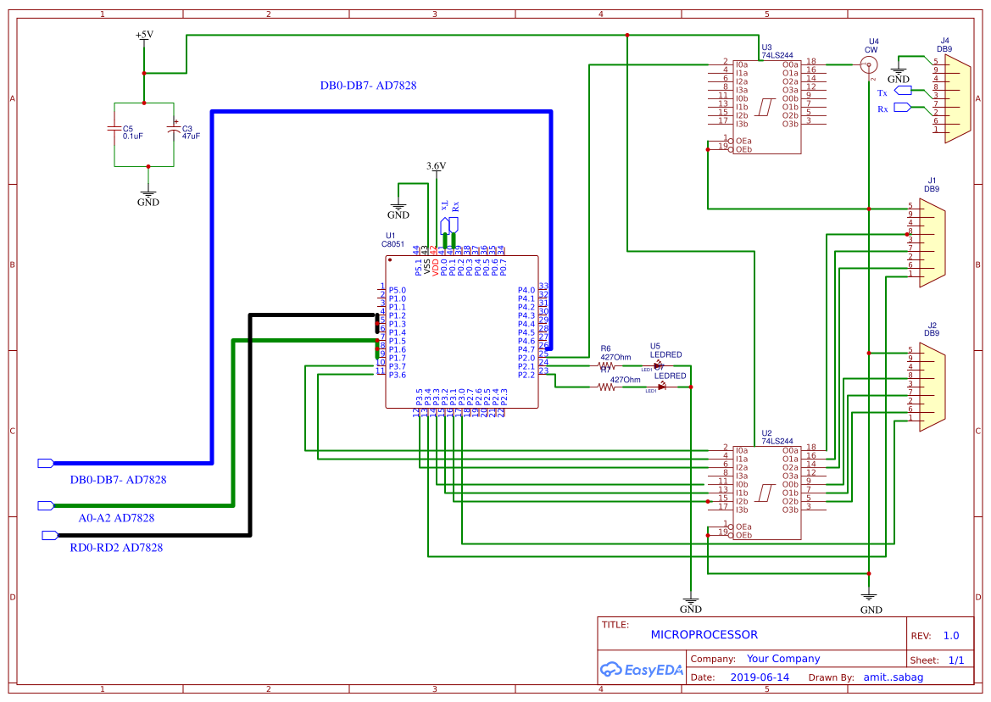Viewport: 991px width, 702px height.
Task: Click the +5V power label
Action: tap(144, 35)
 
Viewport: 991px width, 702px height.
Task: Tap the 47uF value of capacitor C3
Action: tap(190, 136)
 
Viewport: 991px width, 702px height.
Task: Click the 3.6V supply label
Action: tap(436, 166)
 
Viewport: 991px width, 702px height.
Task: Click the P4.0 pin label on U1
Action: tap(526, 290)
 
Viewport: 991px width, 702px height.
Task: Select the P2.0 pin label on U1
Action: tap(526, 358)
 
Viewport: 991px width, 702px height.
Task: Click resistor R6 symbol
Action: tap(605, 365)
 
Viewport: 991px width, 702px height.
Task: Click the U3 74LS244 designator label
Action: tap(777, 51)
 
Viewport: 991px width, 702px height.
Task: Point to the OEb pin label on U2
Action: tap(743, 535)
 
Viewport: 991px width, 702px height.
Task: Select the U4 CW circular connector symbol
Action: tap(871, 64)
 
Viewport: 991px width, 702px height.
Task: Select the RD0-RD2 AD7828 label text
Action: tap(116, 548)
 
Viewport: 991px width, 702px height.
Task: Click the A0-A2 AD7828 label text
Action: tap(116, 517)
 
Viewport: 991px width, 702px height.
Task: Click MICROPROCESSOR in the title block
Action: tap(704, 634)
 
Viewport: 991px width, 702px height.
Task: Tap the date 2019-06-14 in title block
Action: tap(759, 677)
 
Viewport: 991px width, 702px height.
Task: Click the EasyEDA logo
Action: tap(641, 670)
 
